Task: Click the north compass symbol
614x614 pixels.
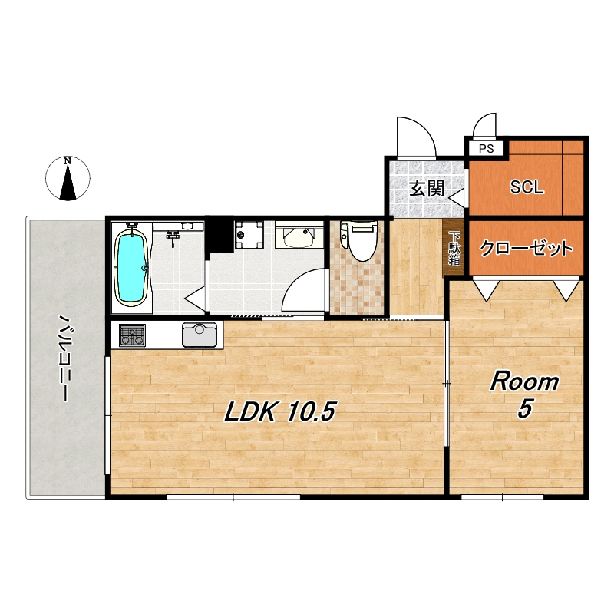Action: point(68,178)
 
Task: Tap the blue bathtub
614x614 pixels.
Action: point(130,267)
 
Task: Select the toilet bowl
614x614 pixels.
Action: point(359,241)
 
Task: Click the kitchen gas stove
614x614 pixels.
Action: point(132,335)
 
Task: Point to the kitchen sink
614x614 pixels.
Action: point(200,335)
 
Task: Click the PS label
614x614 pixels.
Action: point(486,149)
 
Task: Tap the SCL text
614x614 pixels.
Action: point(527,187)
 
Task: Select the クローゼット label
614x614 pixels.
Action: point(526,248)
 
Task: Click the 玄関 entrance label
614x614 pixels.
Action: point(427,189)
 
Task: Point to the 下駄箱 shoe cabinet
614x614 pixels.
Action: point(454,248)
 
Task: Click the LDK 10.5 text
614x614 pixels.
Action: point(279,412)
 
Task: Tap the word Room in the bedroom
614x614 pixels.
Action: point(524,381)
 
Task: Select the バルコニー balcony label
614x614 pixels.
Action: point(65,358)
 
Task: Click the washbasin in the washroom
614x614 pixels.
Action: point(299,236)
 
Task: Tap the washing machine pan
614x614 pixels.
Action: point(249,235)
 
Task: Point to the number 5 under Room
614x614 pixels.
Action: point(525,409)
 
